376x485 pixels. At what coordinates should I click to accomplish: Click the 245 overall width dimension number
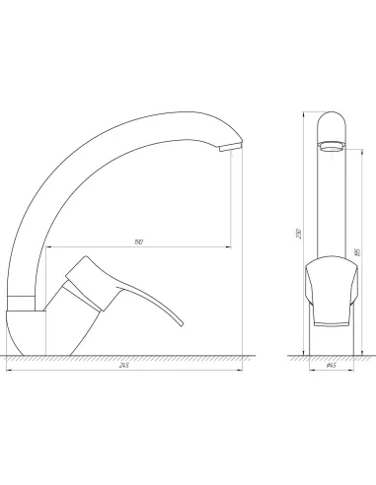click(x=124, y=366)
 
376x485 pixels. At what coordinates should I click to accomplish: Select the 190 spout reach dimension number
click(x=138, y=242)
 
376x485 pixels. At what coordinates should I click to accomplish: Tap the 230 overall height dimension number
click(x=299, y=233)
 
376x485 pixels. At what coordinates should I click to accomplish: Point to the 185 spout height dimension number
click(x=358, y=252)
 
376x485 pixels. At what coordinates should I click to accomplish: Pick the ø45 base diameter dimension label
click(x=332, y=366)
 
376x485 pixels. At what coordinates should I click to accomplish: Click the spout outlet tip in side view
click(x=231, y=147)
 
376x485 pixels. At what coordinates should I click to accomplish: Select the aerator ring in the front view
click(x=332, y=145)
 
